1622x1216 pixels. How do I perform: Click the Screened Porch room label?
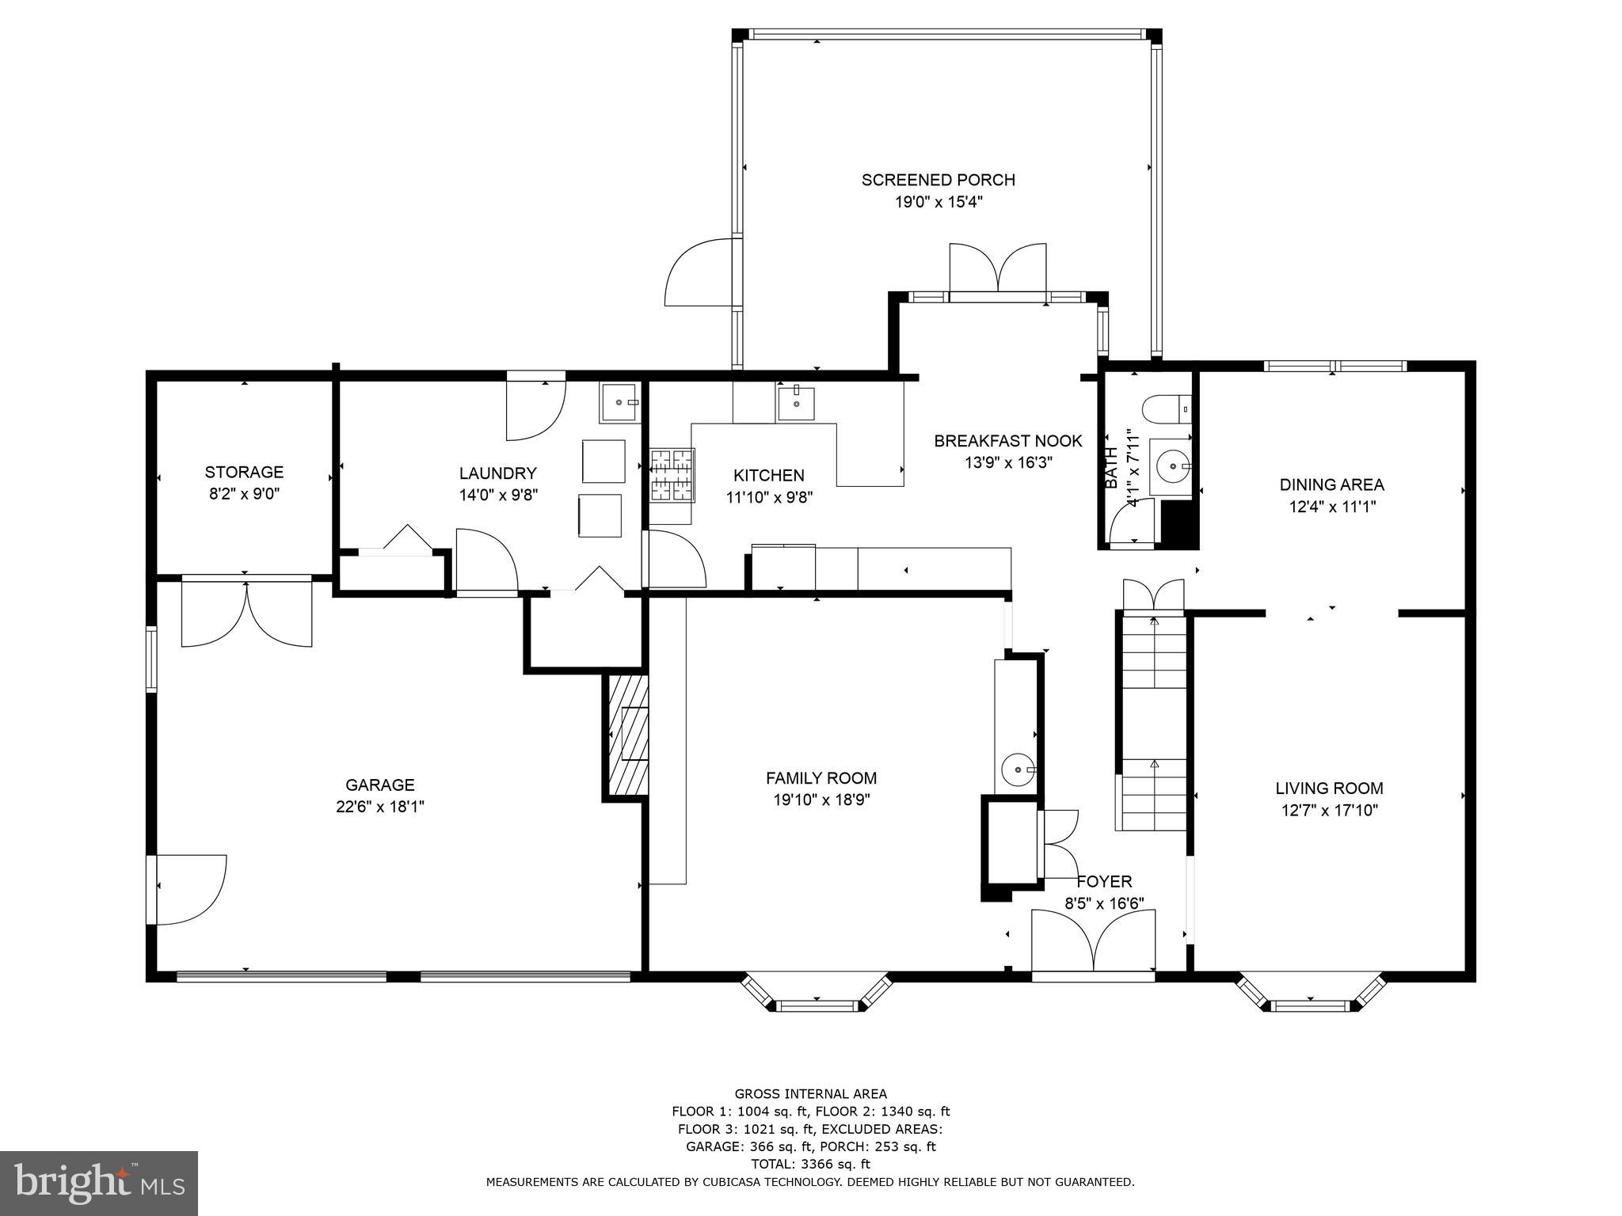[938, 180]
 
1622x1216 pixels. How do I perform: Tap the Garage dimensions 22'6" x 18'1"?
[380, 807]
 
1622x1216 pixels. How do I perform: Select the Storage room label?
[244, 472]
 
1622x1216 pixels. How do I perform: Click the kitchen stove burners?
[672, 475]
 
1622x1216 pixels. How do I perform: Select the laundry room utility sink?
[619, 402]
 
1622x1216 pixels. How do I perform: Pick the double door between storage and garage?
[246, 614]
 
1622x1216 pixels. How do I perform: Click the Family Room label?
[821, 778]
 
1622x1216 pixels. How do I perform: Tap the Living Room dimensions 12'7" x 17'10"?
[1329, 810]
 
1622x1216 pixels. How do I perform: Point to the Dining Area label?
[1332, 484]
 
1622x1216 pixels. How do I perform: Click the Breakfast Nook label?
[1008, 441]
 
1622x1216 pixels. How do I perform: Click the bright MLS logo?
[99, 1183]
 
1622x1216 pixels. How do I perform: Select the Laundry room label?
[498, 473]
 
